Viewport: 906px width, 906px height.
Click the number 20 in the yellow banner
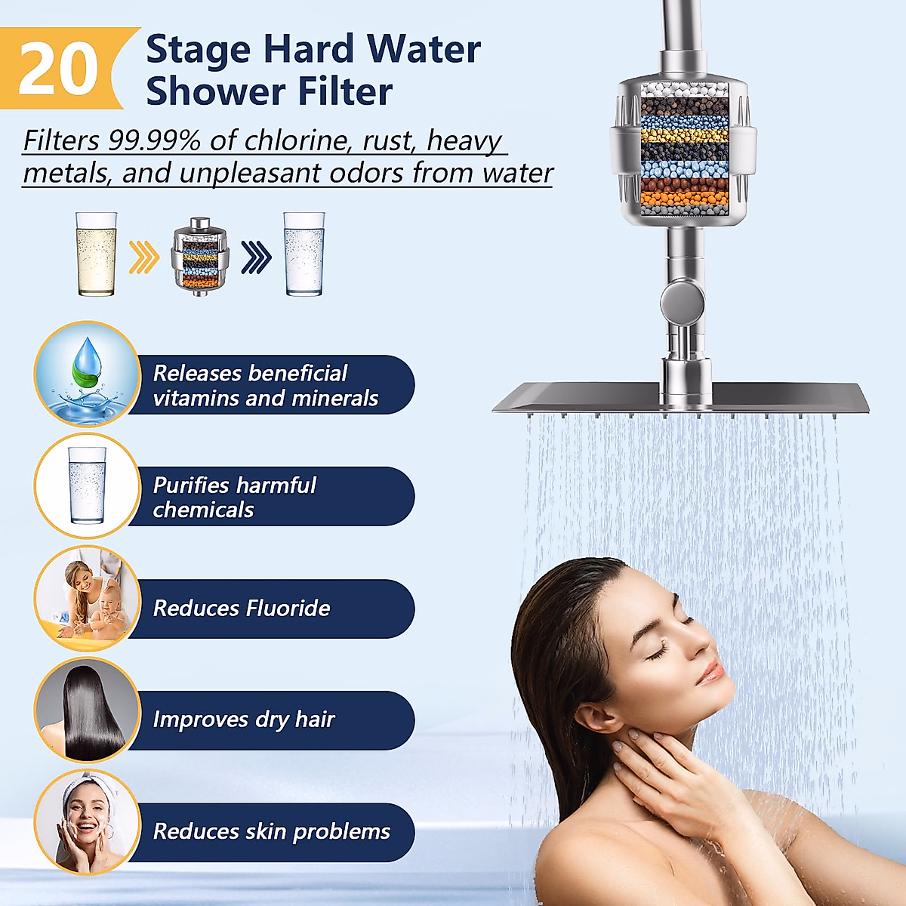58,69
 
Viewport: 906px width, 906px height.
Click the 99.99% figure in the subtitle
155,140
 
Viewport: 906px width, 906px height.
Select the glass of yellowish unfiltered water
96,254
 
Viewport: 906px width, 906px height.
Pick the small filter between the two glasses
200,254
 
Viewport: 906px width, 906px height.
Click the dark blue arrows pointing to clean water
256,257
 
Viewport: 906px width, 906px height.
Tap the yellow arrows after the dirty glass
143,257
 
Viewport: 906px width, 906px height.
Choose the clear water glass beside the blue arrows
304,254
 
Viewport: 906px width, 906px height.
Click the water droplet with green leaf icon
87,374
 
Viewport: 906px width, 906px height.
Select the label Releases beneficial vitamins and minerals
265,385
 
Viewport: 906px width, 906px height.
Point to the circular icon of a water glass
87,485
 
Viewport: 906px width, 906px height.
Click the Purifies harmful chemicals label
235,497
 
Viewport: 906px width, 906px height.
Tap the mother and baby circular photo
87,598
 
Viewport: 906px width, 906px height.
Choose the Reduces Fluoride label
242,609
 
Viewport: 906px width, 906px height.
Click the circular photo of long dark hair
87,710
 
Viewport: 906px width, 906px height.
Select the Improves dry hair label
244,720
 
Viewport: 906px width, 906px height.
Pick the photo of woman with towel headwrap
87,821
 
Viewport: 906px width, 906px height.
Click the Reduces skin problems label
272,832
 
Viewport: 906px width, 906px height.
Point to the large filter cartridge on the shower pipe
684,151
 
